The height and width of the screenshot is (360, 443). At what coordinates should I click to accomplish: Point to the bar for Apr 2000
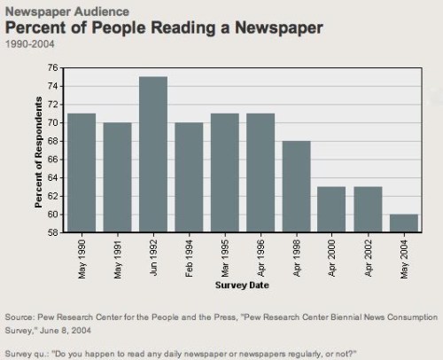[331, 209]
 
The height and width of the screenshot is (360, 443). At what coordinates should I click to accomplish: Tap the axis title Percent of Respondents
[39, 150]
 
